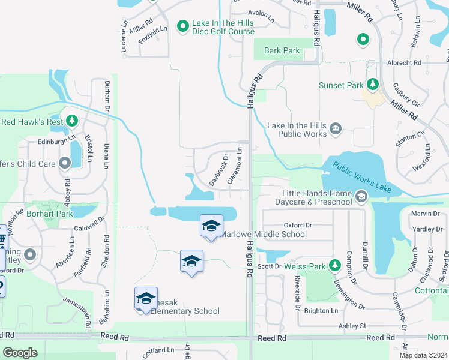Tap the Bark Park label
click(282, 51)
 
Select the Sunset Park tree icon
click(373, 85)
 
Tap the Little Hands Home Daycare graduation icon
click(361, 196)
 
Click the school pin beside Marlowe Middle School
click(211, 227)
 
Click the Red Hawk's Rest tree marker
click(71, 121)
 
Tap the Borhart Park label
click(49, 213)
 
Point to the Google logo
click(20, 353)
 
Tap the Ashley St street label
click(352, 326)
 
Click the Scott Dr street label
click(269, 266)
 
